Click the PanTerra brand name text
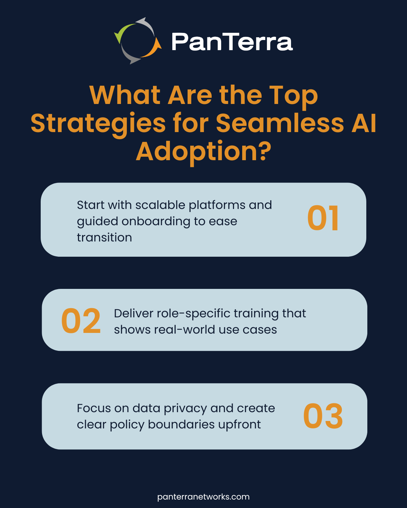[x=232, y=42]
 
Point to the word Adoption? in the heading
[x=203, y=151]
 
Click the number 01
[x=323, y=218]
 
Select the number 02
[x=81, y=321]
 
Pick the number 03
[x=323, y=416]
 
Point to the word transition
[x=104, y=237]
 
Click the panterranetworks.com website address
[x=203, y=497]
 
